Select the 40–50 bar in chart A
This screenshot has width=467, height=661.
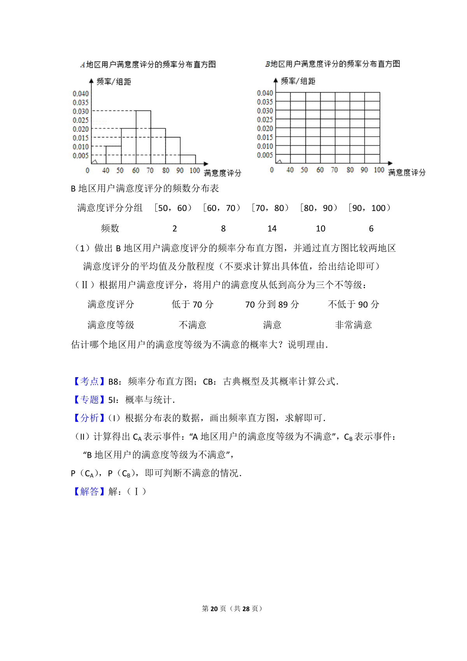point(113,155)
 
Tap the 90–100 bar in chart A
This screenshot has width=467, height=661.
point(188,160)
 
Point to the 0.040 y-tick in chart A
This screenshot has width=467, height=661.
point(81,93)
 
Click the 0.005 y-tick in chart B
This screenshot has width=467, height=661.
point(265,155)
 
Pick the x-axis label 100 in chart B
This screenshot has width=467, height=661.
point(379,170)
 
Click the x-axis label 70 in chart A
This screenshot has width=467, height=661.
point(150,171)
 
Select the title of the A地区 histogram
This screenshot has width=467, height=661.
point(148,65)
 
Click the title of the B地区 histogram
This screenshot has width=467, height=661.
point(333,64)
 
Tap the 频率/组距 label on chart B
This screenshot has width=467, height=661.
point(298,81)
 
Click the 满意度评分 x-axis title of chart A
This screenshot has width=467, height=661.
point(222,173)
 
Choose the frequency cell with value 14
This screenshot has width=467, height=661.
point(272,229)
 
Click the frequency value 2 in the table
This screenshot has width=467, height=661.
point(175,229)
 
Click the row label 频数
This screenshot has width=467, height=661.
point(110,229)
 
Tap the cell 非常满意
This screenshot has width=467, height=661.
point(353,325)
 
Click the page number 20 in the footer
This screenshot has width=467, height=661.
point(214,608)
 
